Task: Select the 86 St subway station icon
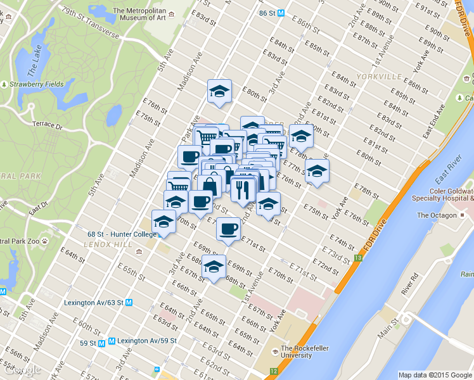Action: point(280,13)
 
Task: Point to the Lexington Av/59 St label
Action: point(149,341)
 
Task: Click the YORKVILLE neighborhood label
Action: point(379,76)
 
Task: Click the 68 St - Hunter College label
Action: point(122,234)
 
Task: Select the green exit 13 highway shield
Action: point(359,258)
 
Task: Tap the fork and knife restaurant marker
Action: point(243,189)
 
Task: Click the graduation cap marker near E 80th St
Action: point(219,91)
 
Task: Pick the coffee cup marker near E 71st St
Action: point(228,229)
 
